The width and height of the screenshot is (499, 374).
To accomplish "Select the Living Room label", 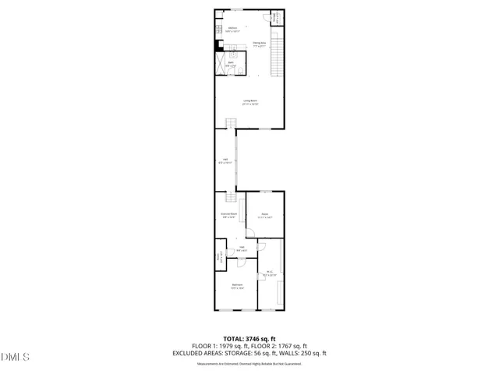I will pyautogui.click(x=249, y=101).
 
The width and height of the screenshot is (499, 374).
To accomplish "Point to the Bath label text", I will pyautogui.click(x=231, y=62).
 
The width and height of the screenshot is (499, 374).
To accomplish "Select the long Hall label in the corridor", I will pyautogui.click(x=225, y=161).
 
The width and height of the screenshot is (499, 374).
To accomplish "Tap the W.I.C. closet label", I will pyautogui.click(x=269, y=274).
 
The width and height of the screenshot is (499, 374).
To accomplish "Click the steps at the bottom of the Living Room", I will pyautogui.click(x=231, y=123).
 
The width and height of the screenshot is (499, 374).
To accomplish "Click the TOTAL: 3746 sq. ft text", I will pyautogui.click(x=250, y=339).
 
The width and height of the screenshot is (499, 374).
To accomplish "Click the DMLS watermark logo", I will pyautogui.click(x=16, y=358).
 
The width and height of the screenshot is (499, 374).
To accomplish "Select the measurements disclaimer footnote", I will pyautogui.click(x=250, y=364).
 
